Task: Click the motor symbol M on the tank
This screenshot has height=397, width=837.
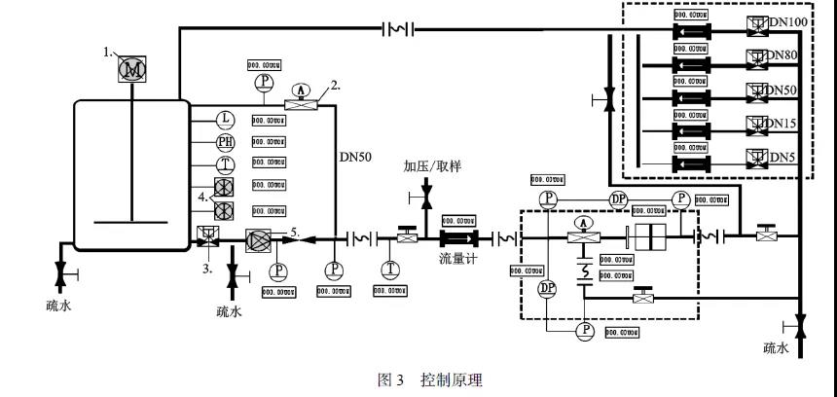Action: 130,69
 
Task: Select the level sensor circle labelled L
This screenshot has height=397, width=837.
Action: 224,119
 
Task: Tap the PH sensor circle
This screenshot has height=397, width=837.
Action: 224,141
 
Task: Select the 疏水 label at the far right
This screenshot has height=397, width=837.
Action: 778,347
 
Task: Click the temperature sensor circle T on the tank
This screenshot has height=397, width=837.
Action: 224,163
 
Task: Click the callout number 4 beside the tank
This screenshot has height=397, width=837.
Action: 202,198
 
